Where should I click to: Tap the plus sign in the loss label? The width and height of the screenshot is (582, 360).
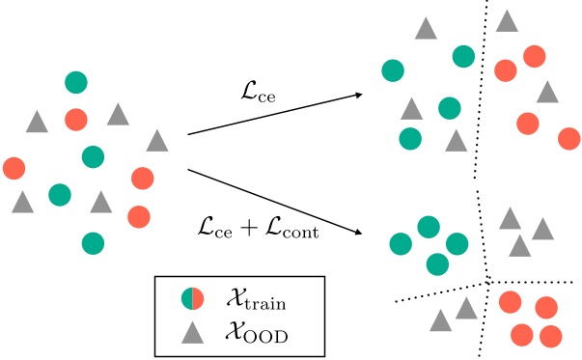tap(250, 232)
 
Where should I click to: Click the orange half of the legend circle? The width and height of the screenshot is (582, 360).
tap(198, 299)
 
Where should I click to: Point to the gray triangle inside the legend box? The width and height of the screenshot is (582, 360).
tap(192, 332)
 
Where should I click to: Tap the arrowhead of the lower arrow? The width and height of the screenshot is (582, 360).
tap(360, 234)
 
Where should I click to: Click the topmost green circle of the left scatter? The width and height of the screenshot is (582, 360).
tap(76, 83)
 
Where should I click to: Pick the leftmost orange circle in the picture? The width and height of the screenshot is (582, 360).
tap(14, 168)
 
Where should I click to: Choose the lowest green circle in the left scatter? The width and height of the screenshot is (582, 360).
tap(93, 241)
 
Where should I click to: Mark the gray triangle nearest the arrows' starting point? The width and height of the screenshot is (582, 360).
tap(157, 141)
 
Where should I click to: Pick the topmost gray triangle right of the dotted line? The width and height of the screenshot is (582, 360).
tap(507, 21)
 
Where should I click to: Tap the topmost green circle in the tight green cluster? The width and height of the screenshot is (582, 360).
tap(429, 226)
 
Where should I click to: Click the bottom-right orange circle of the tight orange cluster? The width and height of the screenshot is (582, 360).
tap(550, 336)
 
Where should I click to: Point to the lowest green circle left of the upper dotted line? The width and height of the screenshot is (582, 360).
tap(410, 138)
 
